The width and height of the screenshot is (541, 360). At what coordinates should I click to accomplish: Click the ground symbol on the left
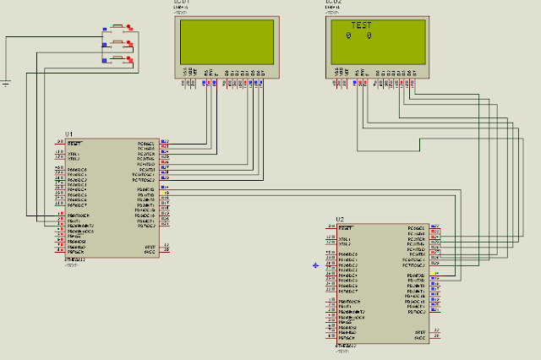pos(6,82)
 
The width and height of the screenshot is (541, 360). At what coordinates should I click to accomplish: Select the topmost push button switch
pos(117,27)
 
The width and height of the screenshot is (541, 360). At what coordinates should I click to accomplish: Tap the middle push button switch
pos(117,43)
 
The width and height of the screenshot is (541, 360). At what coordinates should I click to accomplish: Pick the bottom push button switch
pos(117,58)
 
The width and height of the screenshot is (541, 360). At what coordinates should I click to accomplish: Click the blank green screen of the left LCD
pos(225,41)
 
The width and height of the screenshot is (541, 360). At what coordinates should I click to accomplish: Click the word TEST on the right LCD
pos(361,25)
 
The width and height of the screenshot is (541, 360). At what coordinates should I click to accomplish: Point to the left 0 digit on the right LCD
pos(349,36)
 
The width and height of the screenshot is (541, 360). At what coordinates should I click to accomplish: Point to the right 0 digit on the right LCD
pos(369,36)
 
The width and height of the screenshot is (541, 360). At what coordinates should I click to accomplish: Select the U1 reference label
pos(69,135)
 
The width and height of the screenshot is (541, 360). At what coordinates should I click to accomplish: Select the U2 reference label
pos(340,221)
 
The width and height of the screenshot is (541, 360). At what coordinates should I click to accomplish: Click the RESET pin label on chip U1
pos(74,144)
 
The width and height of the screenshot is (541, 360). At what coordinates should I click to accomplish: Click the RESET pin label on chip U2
pos(345,229)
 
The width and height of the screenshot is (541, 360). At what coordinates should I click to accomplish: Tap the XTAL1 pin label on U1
pos(74,154)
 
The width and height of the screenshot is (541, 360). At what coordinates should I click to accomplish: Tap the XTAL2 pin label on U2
pos(345,244)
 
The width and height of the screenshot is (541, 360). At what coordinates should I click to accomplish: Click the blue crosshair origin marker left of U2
pos(315,265)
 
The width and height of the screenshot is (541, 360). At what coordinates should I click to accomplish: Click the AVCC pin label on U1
pos(149,252)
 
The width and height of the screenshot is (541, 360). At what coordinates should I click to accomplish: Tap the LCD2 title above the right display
pos(334,3)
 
